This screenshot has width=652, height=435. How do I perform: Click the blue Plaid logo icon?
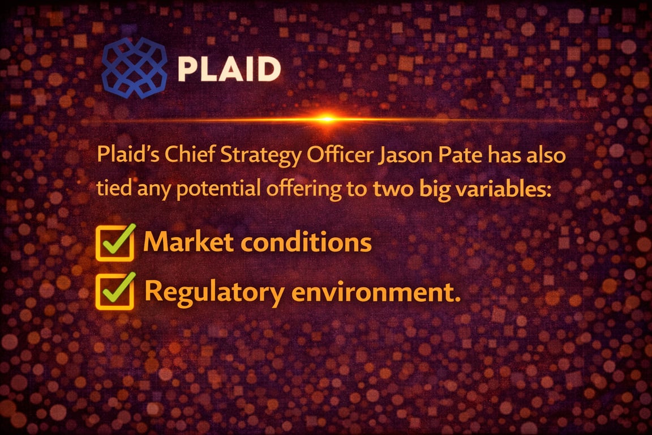[x=135, y=67]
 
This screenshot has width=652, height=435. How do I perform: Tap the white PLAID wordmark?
[x=229, y=69]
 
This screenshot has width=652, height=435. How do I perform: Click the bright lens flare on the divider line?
[x=326, y=118]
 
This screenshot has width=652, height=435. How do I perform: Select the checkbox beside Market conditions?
[x=115, y=243]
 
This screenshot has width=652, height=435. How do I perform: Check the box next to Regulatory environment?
[x=115, y=291]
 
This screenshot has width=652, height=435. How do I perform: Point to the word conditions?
[x=306, y=242]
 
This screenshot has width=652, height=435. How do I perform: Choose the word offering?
[x=302, y=190]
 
